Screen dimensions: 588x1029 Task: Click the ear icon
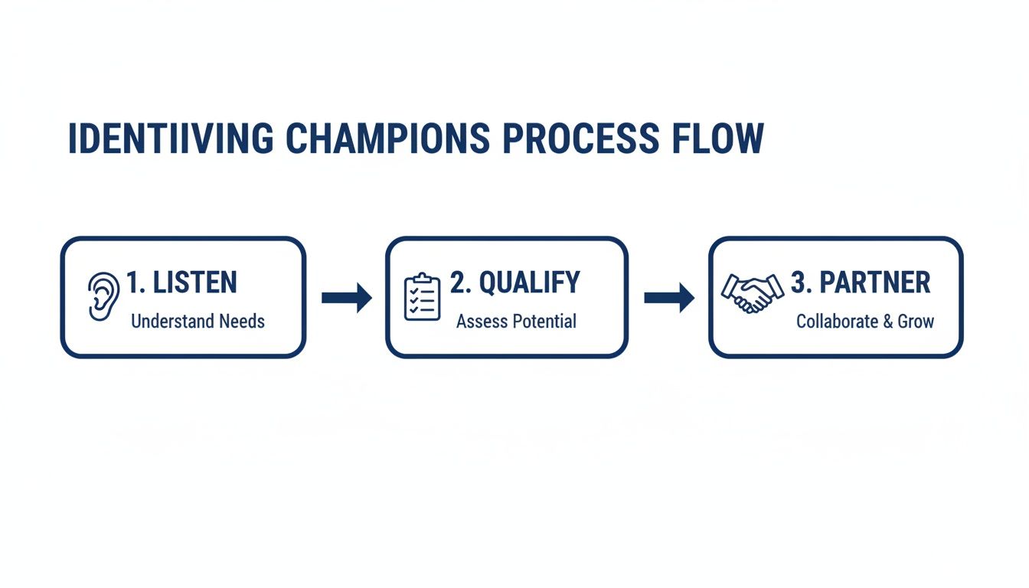103,296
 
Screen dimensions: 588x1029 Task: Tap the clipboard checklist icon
422,297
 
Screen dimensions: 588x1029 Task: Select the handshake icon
753,293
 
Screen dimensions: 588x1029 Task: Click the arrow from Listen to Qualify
345,297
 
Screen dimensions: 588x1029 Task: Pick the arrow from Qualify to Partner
668,297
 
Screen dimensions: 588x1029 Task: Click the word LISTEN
195,283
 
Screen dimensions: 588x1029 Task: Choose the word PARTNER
874,283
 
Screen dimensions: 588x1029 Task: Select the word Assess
479,321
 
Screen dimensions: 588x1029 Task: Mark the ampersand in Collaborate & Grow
887,321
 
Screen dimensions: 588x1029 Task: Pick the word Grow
916,321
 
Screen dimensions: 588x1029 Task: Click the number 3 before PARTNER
799,283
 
